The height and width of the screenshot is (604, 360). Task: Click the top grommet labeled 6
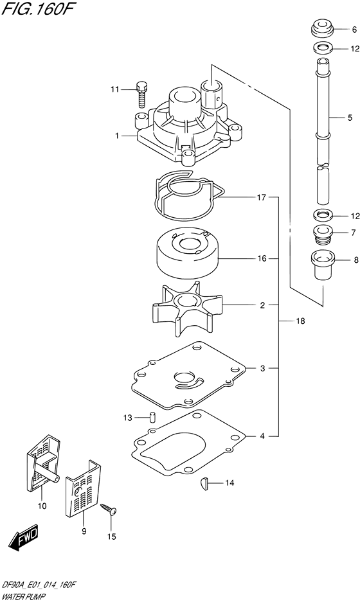pos(321,29)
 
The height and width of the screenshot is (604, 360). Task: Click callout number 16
pos(262,259)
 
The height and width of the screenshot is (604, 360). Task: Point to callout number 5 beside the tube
pos(350,118)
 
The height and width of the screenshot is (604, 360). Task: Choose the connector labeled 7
pos(321,233)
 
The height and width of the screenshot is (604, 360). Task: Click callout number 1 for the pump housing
pos(117,136)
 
